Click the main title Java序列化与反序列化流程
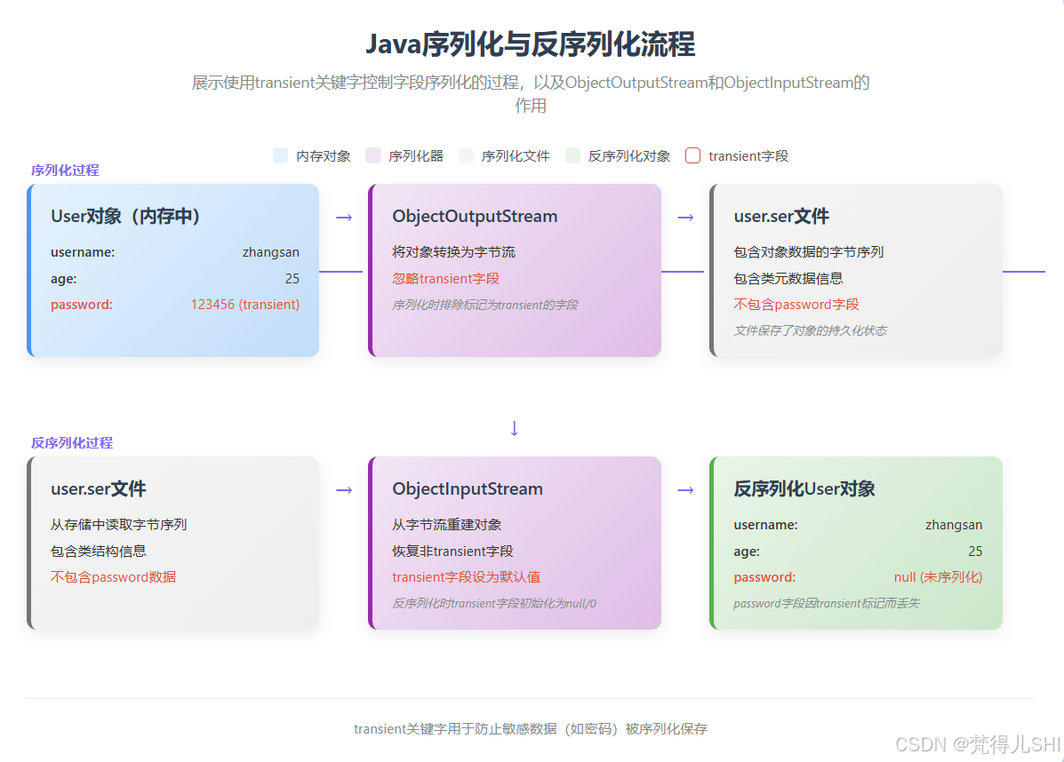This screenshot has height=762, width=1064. click(x=531, y=44)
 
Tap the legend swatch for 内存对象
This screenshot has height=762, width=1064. click(x=281, y=155)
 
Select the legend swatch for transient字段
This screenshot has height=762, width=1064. click(x=693, y=155)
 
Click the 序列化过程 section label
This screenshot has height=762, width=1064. click(x=65, y=170)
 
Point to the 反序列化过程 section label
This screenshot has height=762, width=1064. click(x=72, y=442)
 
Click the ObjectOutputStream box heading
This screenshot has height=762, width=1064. click(x=475, y=216)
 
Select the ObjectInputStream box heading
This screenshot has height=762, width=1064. click(x=468, y=488)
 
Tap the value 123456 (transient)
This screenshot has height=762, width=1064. click(x=245, y=304)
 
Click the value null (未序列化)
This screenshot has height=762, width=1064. click(x=938, y=576)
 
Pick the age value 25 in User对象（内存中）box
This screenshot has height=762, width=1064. click(x=292, y=278)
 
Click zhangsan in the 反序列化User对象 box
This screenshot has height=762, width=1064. click(x=954, y=524)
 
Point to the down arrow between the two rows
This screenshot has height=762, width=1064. click(x=514, y=428)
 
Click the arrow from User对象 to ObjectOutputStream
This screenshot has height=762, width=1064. click(x=344, y=217)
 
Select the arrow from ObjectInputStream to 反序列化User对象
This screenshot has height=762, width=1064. click(x=685, y=489)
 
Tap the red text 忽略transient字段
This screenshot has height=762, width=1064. click(x=446, y=278)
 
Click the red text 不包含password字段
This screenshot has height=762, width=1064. click(x=796, y=304)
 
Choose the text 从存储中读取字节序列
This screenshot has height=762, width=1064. click(x=118, y=524)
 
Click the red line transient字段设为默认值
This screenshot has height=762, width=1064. click(x=467, y=576)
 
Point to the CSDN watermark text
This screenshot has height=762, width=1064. click(x=978, y=742)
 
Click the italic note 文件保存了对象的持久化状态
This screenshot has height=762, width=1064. click(x=810, y=330)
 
